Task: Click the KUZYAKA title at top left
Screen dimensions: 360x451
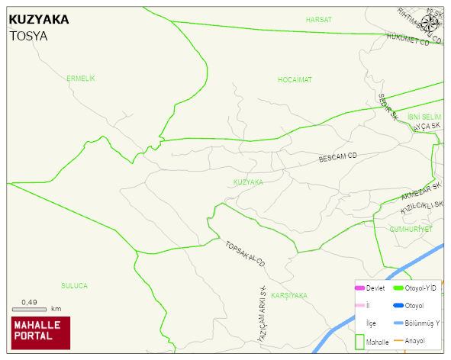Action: tap(39, 19)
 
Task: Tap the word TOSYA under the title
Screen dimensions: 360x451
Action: tap(28, 35)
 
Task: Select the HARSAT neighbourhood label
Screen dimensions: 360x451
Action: tap(318, 19)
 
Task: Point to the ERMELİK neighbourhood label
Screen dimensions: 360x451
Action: tap(80, 79)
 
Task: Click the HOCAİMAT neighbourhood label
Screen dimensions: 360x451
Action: tap(295, 79)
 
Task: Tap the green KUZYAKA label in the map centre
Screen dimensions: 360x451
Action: tap(248, 182)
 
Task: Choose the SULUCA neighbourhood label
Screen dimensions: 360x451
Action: tap(74, 285)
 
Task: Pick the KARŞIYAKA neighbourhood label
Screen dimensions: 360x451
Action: tap(288, 295)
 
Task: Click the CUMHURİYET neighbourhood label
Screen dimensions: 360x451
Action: tap(411, 229)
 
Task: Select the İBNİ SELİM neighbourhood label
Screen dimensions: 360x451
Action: tap(424, 116)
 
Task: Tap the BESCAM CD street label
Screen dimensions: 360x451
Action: tap(337, 157)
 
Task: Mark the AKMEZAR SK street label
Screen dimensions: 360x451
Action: tap(420, 191)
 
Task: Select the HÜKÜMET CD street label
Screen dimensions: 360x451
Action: tap(408, 39)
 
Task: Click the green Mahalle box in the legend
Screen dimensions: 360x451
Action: tap(360, 341)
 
